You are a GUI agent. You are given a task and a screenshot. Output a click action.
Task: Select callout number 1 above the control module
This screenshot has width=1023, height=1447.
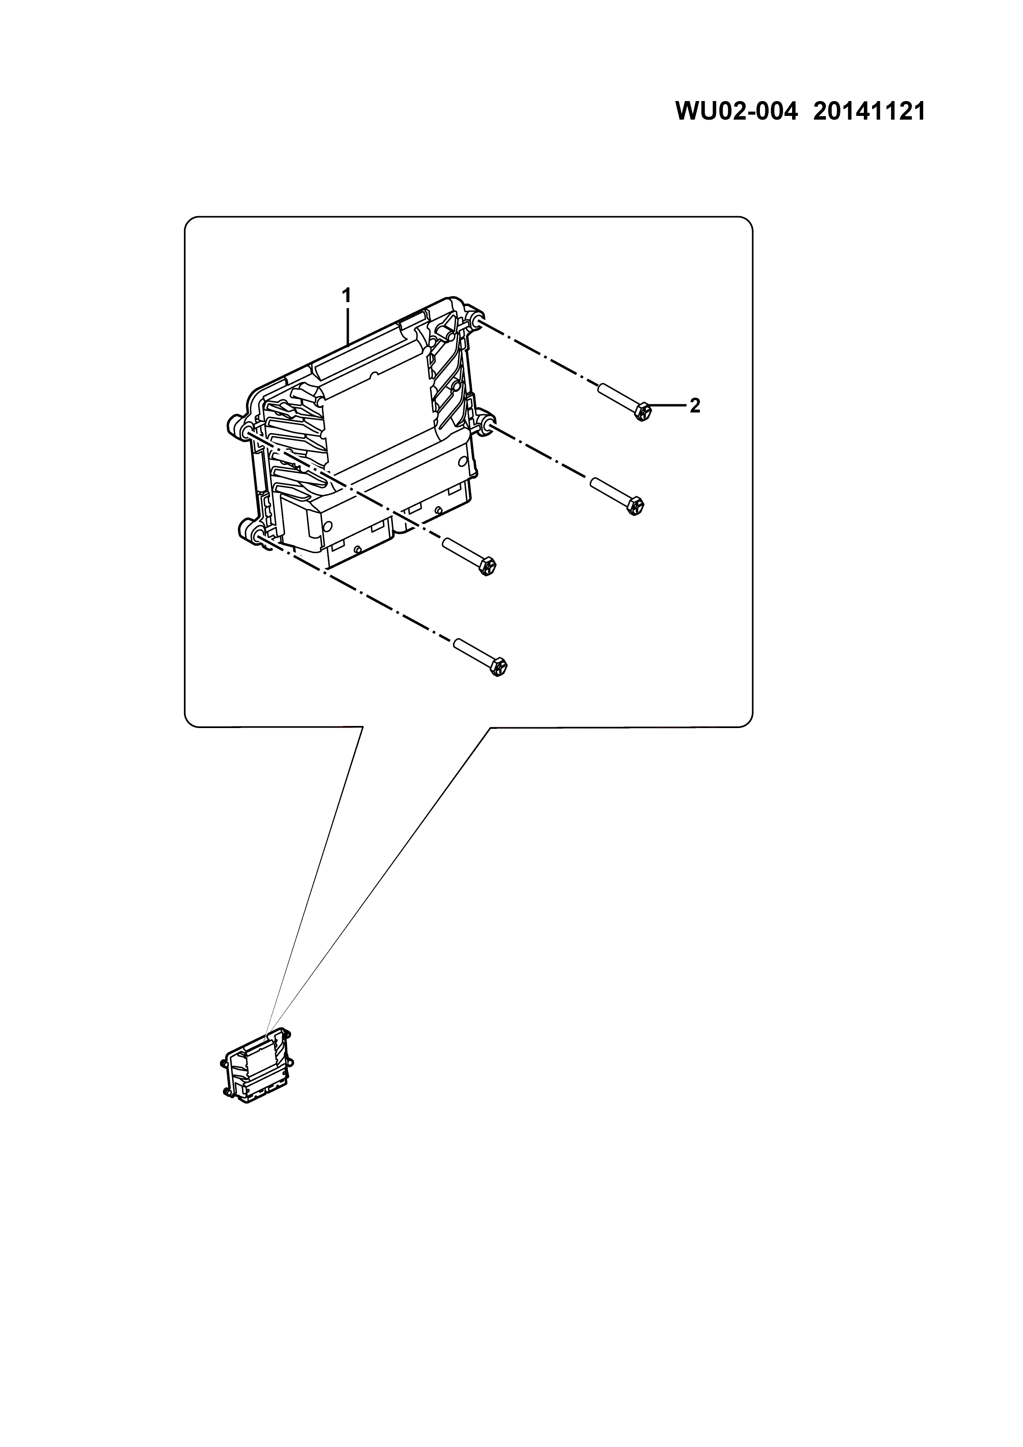346,295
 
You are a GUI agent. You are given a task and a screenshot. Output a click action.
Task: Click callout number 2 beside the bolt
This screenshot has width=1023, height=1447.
694,406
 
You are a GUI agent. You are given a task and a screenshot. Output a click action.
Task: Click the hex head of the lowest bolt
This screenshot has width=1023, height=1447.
498,667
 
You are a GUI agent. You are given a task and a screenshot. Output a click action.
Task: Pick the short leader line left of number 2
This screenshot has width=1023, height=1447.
668,406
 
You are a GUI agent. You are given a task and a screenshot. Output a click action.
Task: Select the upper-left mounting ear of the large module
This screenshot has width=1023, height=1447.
236,425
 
